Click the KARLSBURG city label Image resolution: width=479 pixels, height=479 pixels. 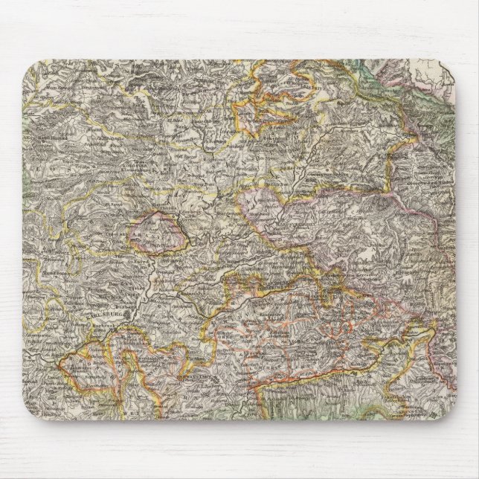point(108,313)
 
